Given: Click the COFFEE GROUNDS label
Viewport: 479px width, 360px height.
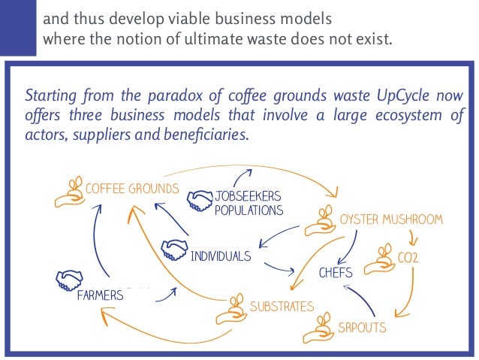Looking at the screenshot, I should pyautogui.click(x=132, y=188).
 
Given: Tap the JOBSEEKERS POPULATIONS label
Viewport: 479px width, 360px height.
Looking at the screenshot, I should pyautogui.click(x=249, y=203).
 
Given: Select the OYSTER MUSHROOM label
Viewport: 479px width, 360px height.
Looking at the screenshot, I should pyautogui.click(x=391, y=219).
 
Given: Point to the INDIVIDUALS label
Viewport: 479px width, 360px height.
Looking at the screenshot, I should pyautogui.click(x=220, y=256).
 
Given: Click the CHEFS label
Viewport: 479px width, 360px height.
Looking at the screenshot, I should pyautogui.click(x=336, y=272).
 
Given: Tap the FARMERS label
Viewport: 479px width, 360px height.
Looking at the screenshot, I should pyautogui.click(x=100, y=295).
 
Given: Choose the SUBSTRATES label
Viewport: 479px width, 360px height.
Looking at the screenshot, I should pyautogui.click(x=282, y=306).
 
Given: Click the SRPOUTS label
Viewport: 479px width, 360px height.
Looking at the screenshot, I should pyautogui.click(x=362, y=328).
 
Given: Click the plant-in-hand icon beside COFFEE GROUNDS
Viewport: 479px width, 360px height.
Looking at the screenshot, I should pyautogui.click(x=68, y=193).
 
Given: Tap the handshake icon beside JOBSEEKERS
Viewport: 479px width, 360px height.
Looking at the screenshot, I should pyautogui.click(x=199, y=198).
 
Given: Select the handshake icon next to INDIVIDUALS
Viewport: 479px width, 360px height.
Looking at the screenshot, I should pyautogui.click(x=174, y=248).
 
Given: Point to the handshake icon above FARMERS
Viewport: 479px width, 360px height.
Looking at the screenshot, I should pyautogui.click(x=68, y=279).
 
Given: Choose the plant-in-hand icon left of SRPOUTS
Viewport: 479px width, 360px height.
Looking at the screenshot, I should pyautogui.click(x=319, y=327).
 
